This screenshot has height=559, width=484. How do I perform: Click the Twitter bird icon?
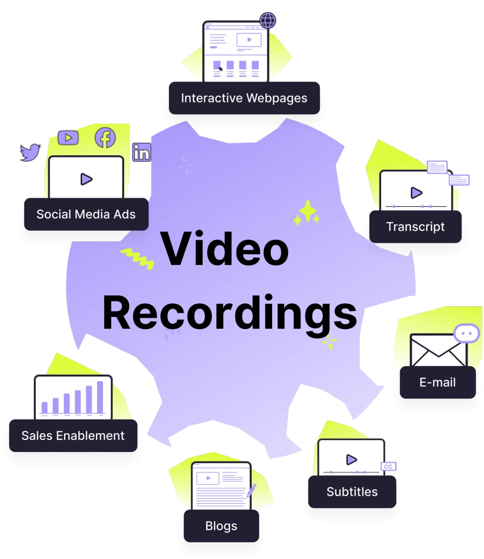coord(30,152)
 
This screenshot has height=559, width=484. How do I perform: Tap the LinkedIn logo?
coord(142,152)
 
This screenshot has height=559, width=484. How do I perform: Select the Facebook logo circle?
coord(105,138)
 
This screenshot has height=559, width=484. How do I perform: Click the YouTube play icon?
coord(68,138)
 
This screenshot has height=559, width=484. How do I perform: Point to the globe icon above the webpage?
coord(268,20)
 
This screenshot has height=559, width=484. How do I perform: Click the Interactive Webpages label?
coord(244,98)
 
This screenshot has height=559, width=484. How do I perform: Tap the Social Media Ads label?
coord(86,214)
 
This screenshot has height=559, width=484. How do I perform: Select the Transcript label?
coord(415,227)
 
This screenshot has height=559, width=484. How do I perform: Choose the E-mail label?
coord(438,382)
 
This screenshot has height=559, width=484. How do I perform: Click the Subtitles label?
coord(352,492)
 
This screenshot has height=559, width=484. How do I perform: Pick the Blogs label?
coord(221,526)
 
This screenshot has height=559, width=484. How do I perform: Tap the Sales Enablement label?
coord(73,436)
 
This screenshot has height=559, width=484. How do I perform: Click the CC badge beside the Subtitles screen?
coord(388,467)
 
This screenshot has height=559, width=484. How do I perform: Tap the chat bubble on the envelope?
coord(467,333)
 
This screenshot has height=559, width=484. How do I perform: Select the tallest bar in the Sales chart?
coord(100,397)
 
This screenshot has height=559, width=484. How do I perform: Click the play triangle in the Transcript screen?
coord(416,193)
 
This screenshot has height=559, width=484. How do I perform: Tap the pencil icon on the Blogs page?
coord(251,490)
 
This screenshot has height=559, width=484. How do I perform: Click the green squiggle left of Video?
coord(138,259)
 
